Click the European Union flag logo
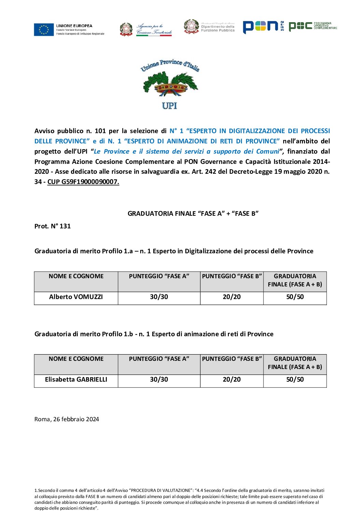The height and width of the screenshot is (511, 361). coord(44,30)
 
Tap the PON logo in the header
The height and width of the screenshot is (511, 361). coord(261,27)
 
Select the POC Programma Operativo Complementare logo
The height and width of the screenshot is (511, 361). coord(313,26)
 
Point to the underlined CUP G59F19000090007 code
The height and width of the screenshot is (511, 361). coord(83,182)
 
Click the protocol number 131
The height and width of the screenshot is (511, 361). coord(65,226)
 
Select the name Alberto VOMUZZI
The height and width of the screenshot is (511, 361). coord(76,297)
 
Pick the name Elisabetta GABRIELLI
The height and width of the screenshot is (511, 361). coord(76,380)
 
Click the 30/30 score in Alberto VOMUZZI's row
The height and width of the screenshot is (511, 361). coord(159,297)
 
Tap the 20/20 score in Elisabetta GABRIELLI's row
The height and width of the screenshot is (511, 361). coord(232,380)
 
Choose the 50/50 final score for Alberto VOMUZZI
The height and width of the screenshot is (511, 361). coord(295,297)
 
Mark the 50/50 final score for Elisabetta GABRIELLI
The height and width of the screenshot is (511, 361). coord(295,380)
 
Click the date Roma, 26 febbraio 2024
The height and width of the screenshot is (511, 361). coord(67,420)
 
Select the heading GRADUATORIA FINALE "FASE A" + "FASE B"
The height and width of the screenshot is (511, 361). coord(193,214)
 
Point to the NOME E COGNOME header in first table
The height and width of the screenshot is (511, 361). coord(76,276)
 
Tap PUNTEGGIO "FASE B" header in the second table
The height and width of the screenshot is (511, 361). coord(232,359)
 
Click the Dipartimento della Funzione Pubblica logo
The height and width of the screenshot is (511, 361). coord(209,27)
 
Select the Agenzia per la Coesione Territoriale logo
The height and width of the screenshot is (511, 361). coord(146,29)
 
